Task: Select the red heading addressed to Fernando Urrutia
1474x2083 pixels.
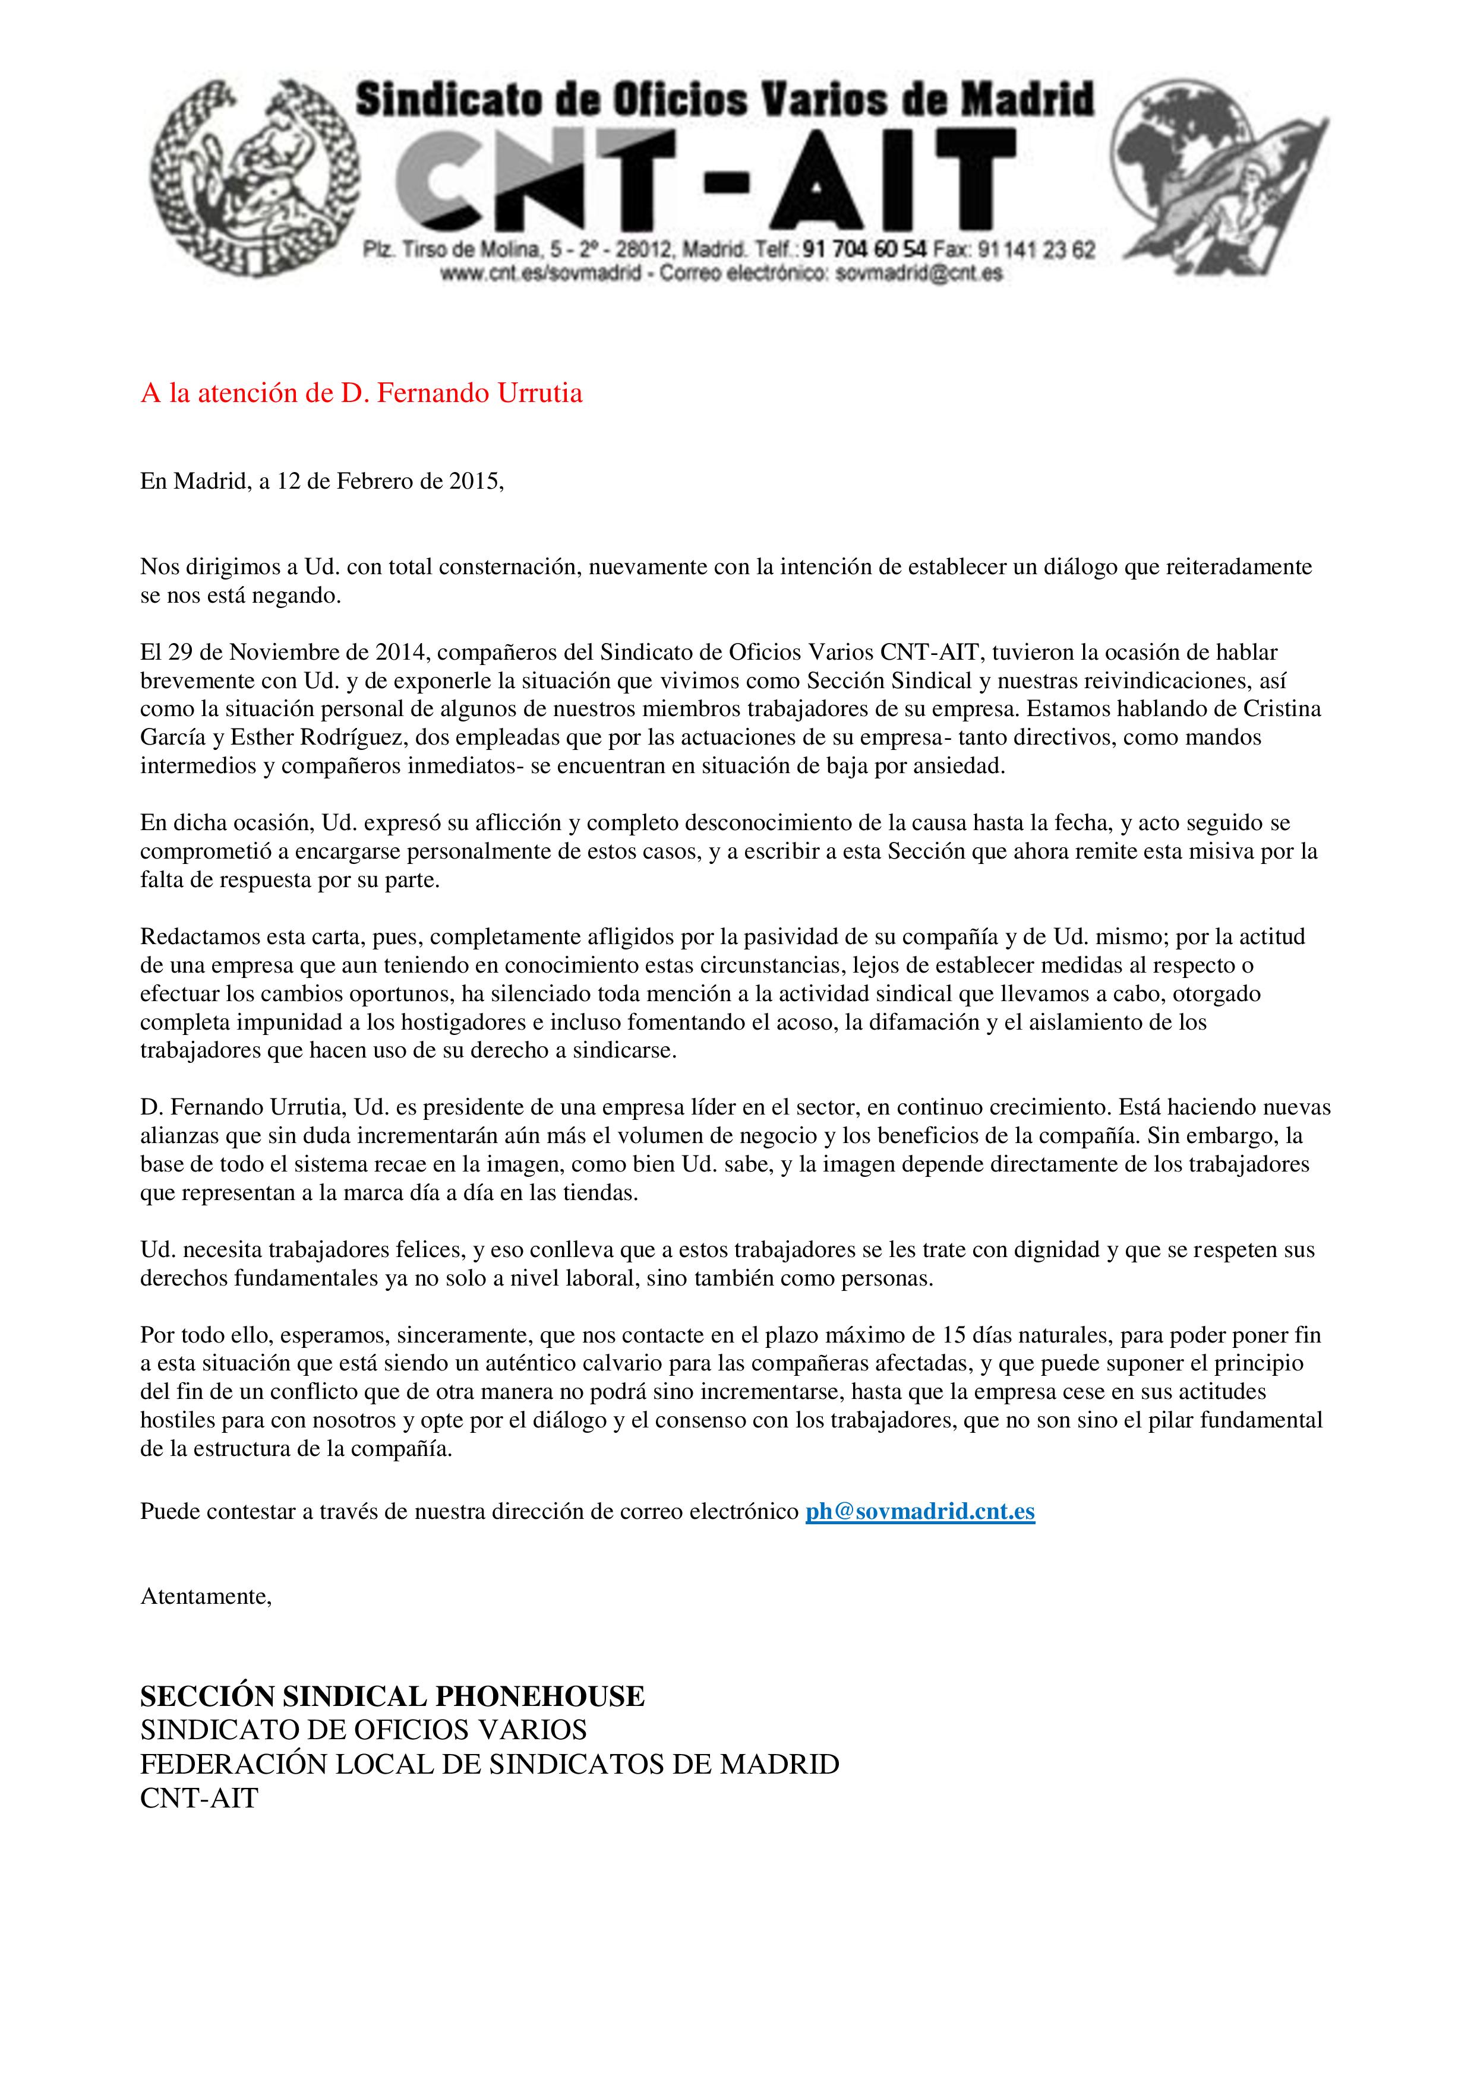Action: [361, 394]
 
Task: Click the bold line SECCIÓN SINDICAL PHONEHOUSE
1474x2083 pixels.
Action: [392, 1696]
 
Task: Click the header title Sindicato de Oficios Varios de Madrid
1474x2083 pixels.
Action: [724, 100]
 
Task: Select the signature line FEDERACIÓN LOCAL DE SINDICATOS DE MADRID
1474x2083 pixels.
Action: [489, 1765]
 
